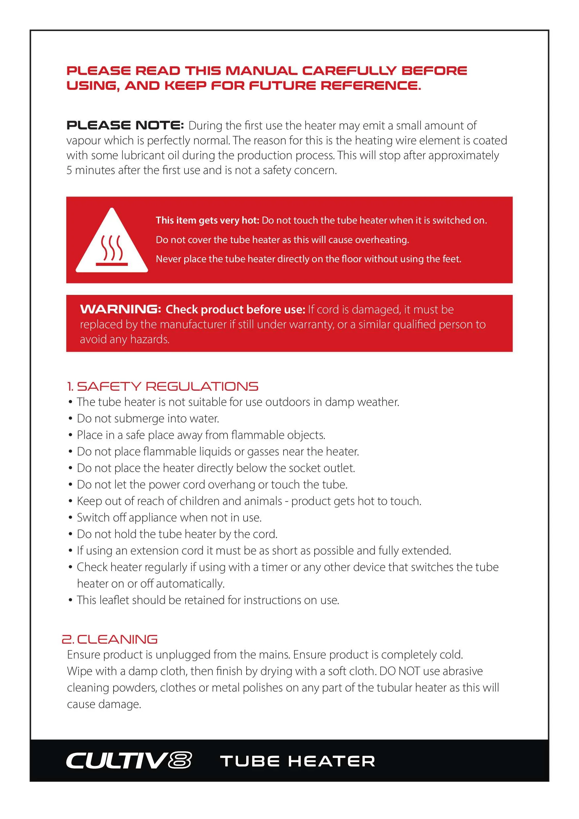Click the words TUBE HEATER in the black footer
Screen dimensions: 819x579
[x=298, y=761]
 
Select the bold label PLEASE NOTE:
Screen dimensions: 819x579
[x=125, y=125]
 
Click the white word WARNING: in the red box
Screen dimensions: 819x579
[x=120, y=309]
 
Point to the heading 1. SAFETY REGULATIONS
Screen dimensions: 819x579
[x=163, y=386]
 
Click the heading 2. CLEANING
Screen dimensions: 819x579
[x=110, y=639]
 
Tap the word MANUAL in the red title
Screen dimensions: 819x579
[x=261, y=71]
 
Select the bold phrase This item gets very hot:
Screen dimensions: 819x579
[x=207, y=220]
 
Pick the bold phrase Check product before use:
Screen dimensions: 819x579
[x=235, y=309]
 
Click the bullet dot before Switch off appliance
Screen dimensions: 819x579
[x=70, y=517]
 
